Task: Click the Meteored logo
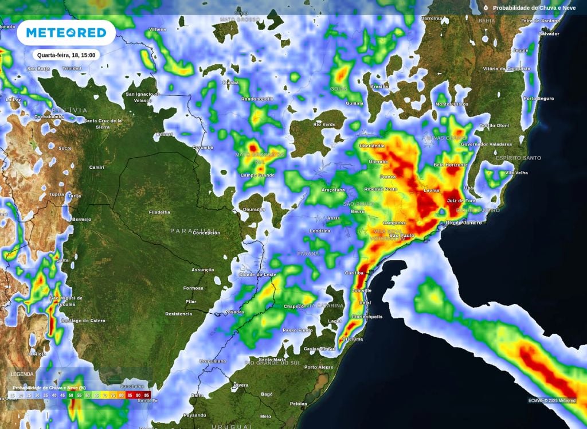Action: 66,33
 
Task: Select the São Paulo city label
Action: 402,236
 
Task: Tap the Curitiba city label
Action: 356,273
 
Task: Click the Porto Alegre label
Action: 318,367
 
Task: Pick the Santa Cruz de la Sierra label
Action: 103,123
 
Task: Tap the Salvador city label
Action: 549,34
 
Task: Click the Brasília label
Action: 379,86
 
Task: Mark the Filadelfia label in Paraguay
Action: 159,212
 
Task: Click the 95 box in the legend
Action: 147,395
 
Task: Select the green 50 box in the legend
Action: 71,395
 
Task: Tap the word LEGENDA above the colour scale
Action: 22,374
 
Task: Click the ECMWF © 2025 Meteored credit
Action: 552,400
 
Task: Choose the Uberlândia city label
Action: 372,146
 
